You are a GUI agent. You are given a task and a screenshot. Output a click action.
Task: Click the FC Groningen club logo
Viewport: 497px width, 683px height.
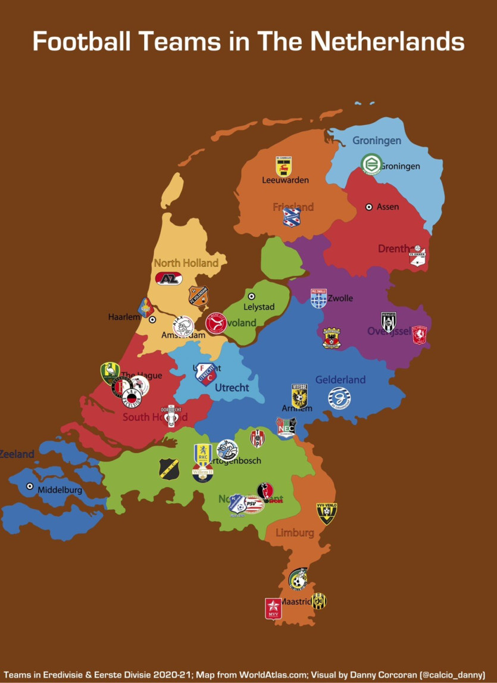point(371,164)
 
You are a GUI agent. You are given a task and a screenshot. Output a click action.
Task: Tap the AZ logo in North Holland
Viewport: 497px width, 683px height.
point(169,278)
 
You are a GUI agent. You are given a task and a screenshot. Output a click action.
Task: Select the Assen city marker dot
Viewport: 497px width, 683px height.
point(369,207)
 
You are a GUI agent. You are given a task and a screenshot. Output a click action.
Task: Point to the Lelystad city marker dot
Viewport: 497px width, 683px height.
point(251,296)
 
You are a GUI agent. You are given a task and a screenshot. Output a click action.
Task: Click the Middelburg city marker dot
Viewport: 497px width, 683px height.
point(30,486)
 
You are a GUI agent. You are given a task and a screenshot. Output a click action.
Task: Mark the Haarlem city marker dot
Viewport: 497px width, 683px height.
point(152,319)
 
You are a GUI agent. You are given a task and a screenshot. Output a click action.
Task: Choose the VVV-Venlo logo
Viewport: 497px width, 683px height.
point(327,513)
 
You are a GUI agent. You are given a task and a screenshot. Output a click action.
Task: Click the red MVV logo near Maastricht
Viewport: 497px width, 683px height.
point(273,609)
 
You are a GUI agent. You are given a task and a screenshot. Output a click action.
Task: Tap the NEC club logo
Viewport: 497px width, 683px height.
point(286,427)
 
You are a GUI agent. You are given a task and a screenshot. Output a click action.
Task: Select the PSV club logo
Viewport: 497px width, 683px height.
point(254,504)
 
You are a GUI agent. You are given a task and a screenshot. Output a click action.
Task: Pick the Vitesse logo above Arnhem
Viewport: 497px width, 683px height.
point(299,395)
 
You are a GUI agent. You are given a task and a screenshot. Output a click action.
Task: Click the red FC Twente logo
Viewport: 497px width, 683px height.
point(420,335)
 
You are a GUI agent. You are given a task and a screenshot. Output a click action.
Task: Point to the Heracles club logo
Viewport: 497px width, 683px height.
point(389,322)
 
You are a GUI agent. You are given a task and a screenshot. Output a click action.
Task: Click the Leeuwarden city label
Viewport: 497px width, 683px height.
point(285,180)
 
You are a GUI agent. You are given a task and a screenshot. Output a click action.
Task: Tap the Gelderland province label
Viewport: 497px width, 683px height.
point(340,379)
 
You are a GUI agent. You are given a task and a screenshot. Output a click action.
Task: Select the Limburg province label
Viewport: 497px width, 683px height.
point(294,532)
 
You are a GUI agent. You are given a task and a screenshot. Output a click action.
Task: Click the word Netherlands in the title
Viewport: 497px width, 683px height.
point(387,42)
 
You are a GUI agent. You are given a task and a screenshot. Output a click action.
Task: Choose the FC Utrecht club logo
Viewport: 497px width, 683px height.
point(206,374)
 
